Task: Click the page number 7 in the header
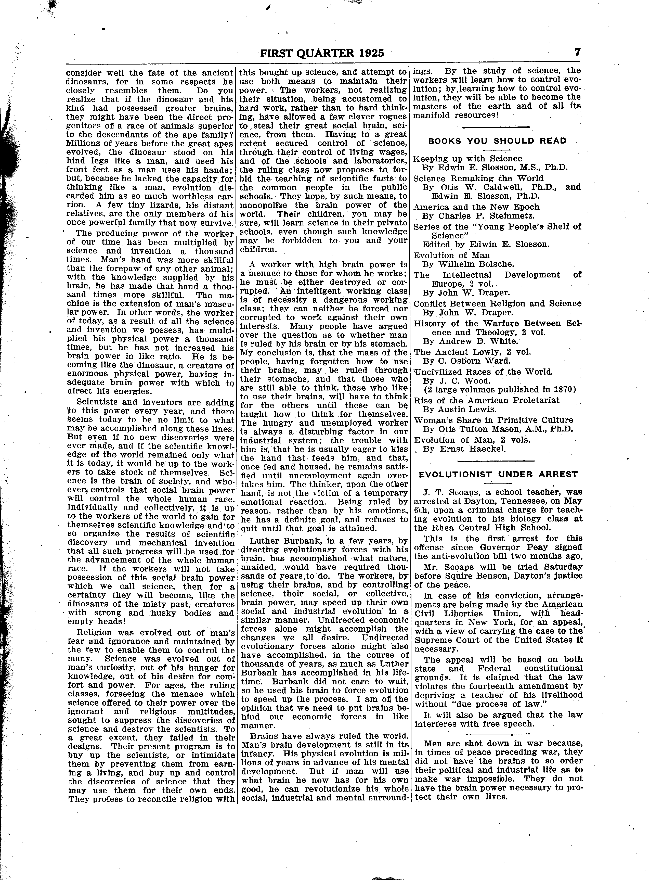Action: pos(577,52)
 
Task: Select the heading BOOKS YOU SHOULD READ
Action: pos(497,141)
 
